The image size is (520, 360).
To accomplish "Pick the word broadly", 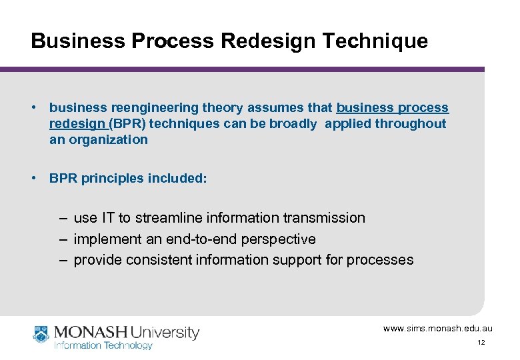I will [295, 124].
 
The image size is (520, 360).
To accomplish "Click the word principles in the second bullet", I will [110, 178].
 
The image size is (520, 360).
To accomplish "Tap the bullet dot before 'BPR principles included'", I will [33, 178].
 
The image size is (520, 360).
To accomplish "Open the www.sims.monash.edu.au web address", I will [437, 329].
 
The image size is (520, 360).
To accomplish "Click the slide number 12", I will [481, 343].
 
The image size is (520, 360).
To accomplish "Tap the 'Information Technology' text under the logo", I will [103, 345].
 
